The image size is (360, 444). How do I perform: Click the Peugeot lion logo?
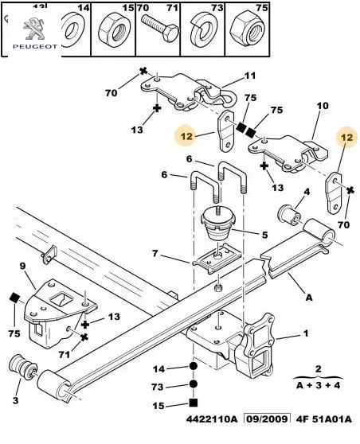click(34, 29)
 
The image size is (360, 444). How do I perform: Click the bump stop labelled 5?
click(217, 224)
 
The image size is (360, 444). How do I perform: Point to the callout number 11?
click(250, 76)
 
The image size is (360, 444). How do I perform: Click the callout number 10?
click(323, 106)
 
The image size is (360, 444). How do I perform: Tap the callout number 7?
click(155, 253)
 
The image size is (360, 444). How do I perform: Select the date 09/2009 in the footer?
click(268, 419)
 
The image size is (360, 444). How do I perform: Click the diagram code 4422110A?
click(212, 419)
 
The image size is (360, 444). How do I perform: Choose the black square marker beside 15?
click(194, 403)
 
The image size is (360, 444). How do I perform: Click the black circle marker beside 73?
click(194, 384)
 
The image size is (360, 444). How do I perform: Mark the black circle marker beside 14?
click(194, 366)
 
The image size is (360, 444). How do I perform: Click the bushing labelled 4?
click(289, 214)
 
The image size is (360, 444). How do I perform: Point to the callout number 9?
click(22, 267)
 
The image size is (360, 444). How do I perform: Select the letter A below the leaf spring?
click(309, 298)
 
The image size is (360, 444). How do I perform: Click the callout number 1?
click(306, 333)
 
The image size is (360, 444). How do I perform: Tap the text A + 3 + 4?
click(318, 385)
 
